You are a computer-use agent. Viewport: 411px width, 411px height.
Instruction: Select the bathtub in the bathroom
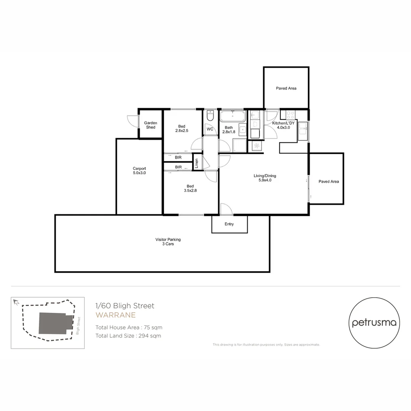click(x=233, y=116)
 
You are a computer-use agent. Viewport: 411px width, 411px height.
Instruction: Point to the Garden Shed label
click(x=150, y=125)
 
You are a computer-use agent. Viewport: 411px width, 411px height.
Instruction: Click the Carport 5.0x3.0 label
click(x=139, y=170)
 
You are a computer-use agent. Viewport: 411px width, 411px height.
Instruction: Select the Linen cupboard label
click(x=197, y=163)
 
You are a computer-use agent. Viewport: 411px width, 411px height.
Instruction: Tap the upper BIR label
click(x=178, y=157)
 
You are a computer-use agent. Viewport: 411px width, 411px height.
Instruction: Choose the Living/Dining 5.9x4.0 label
click(x=265, y=178)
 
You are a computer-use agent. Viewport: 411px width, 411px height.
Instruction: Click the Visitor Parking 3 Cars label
click(x=168, y=242)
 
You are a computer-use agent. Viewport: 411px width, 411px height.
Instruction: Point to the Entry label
click(x=229, y=224)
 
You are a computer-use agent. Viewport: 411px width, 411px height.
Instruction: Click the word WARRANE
click(x=115, y=315)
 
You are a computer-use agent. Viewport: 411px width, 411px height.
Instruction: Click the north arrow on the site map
click(x=16, y=302)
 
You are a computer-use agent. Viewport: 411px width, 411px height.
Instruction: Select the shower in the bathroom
click(x=239, y=146)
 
